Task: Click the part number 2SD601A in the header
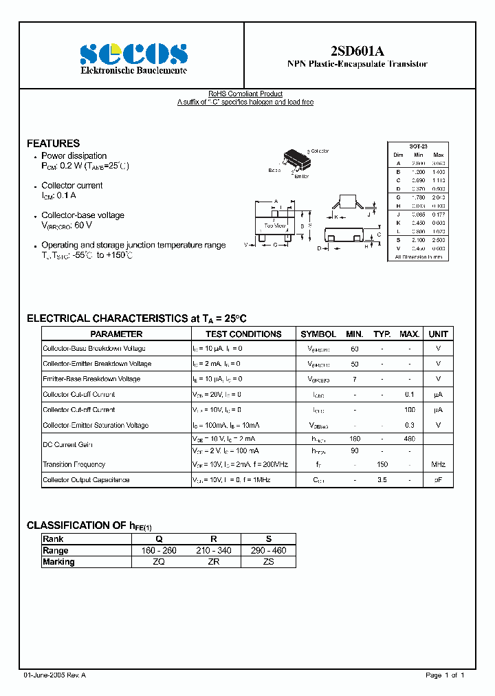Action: point(357,50)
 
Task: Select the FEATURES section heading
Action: point(53,143)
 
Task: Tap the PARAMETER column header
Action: point(116,334)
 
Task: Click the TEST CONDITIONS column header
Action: point(243,334)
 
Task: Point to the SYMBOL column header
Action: point(318,334)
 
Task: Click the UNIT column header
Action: point(438,334)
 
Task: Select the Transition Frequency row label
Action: point(74,465)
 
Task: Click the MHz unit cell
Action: point(438,465)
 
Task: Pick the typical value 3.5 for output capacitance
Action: point(382,480)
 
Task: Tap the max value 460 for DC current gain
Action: point(409,438)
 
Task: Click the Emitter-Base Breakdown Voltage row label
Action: point(91,379)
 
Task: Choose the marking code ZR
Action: point(213,562)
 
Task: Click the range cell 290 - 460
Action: point(268,551)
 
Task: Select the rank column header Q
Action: point(159,539)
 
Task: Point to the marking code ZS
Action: point(268,562)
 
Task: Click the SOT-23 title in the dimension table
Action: point(418,147)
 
